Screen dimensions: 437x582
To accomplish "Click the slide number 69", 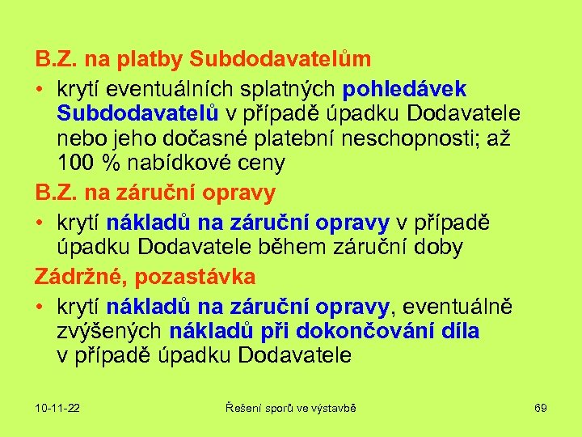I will point(541,408).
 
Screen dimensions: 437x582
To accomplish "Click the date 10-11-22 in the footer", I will point(57,408).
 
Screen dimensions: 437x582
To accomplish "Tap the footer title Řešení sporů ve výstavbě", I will point(290,408).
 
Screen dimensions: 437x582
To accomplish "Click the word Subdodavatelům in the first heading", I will point(280,59).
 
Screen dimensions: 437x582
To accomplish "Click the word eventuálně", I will point(458,307).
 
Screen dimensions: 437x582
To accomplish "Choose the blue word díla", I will point(458,331).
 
